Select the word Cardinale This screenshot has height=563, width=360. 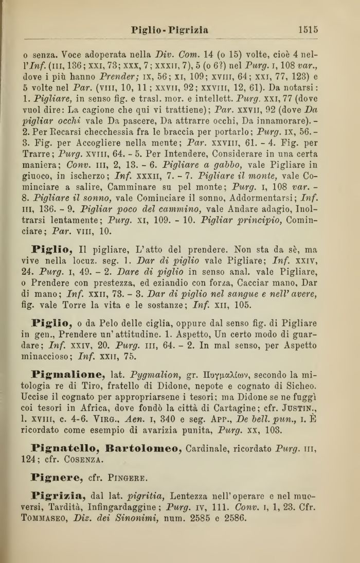pyautogui.click(x=218, y=465)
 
